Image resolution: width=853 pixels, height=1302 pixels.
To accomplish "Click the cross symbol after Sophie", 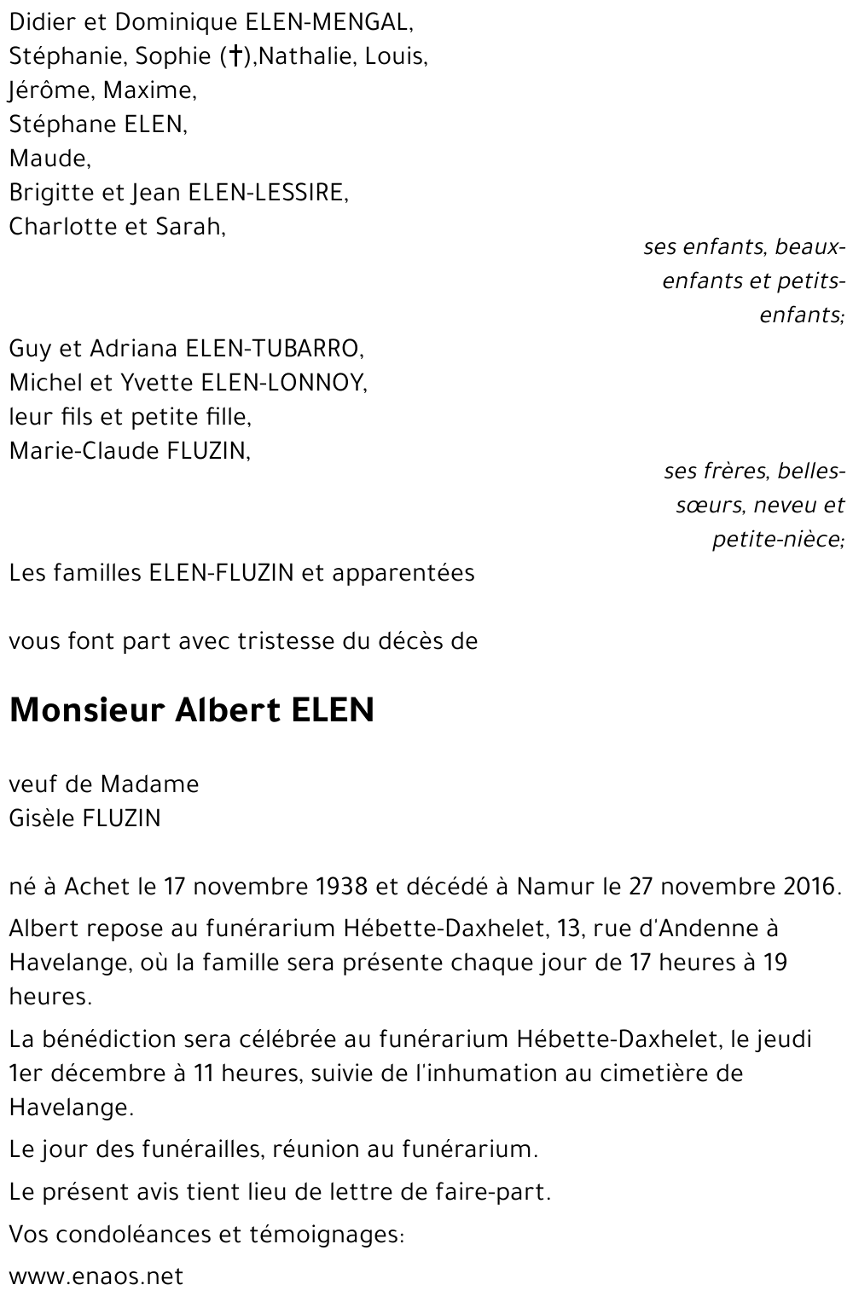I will point(232,57).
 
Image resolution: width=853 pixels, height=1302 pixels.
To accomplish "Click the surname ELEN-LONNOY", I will point(283,383).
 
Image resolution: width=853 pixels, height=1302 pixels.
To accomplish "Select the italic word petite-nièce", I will point(778,540).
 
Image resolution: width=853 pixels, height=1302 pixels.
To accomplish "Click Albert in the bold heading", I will point(223,710).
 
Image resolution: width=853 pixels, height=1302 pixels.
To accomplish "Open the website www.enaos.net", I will point(96,1276).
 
